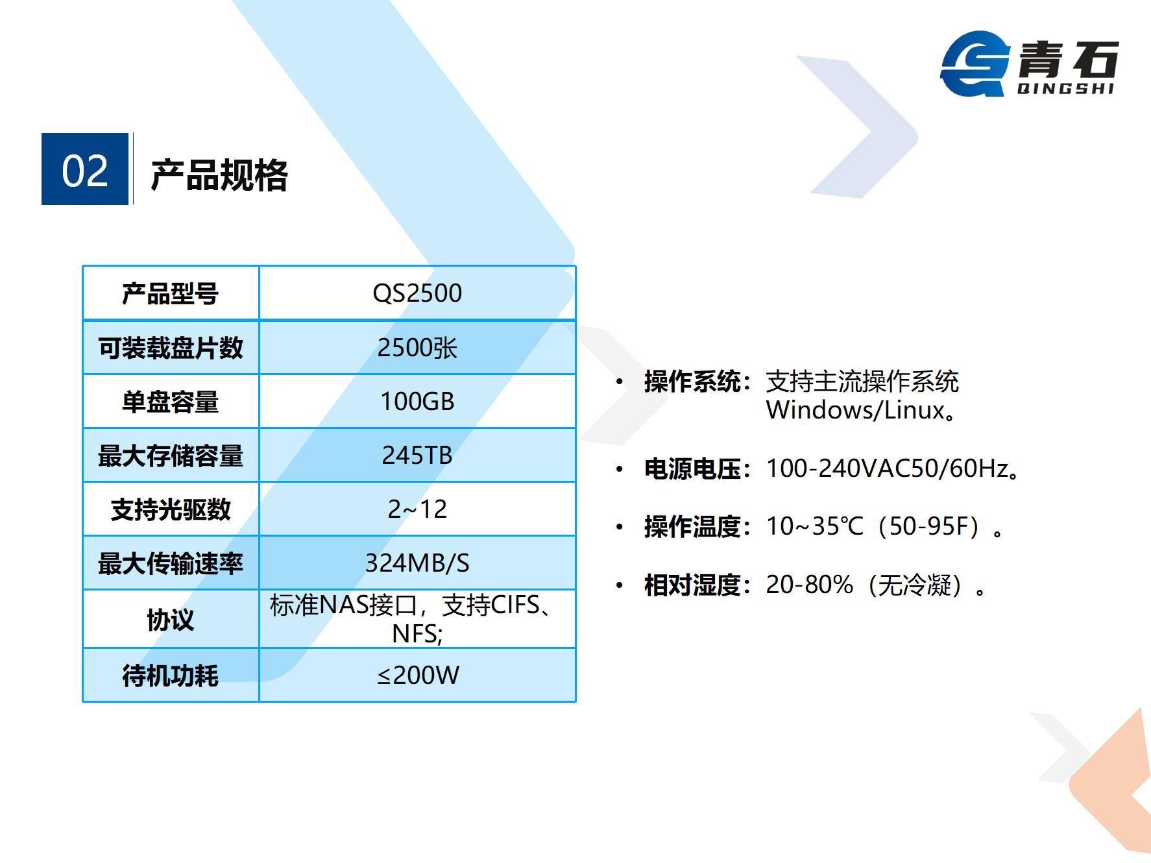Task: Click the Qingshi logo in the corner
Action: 1030,64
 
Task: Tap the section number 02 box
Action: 85,169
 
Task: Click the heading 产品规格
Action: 219,175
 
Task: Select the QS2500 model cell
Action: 417,293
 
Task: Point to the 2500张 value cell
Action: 417,348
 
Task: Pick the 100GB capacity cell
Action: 417,402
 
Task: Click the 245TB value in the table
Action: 417,456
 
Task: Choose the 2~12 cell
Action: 417,509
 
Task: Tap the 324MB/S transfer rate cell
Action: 417,563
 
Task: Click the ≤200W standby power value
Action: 418,675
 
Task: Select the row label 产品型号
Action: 171,294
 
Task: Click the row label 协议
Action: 171,620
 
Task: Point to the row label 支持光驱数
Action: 171,510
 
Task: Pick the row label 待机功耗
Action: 171,676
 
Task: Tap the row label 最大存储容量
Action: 171,456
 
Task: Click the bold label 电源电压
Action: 692,468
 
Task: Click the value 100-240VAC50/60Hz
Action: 887,468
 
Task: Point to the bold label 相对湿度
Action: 692,585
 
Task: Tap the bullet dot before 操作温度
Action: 620,528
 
